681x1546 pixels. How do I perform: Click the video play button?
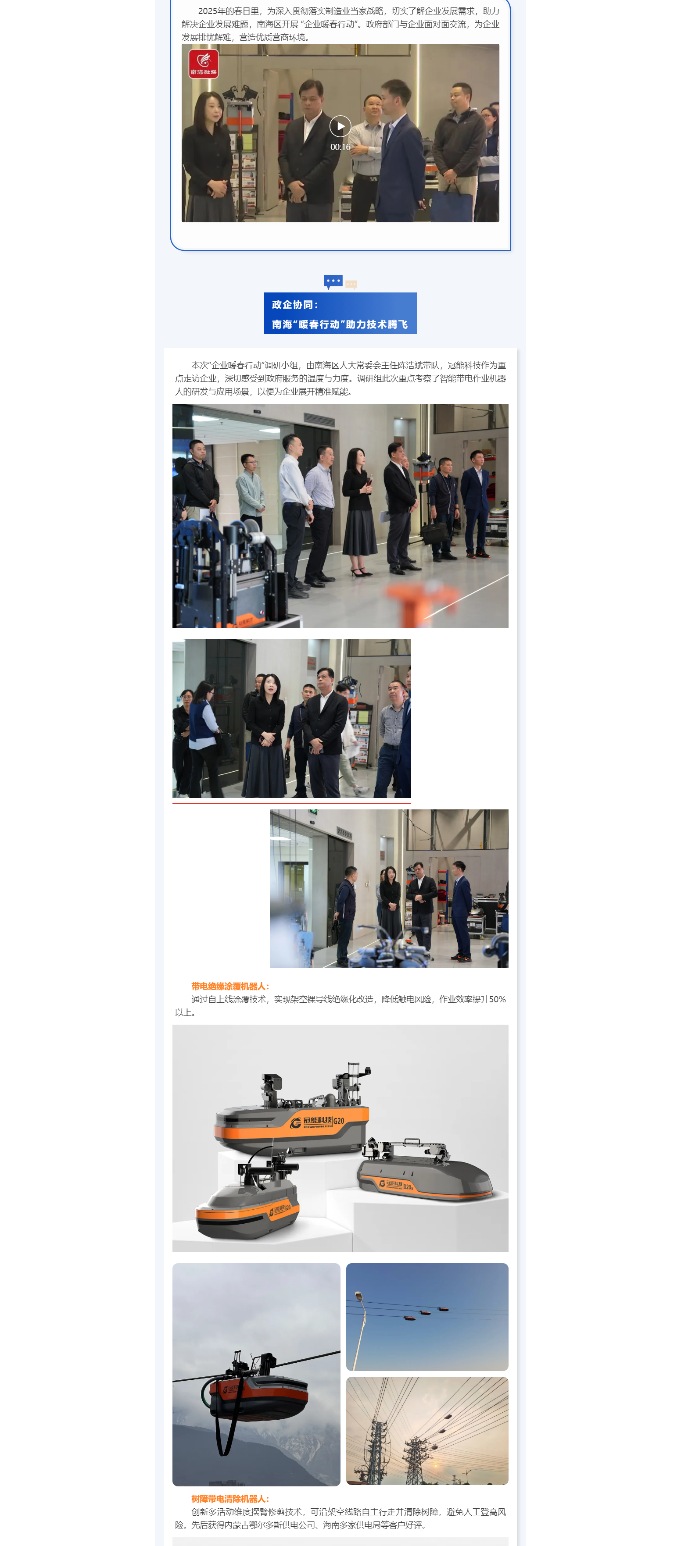[340, 126]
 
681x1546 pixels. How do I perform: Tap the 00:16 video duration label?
[340, 147]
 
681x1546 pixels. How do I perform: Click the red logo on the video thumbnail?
[204, 64]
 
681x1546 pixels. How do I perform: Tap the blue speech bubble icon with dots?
[333, 281]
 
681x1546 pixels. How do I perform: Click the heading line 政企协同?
[295, 305]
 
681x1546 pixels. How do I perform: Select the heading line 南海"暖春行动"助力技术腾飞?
[340, 324]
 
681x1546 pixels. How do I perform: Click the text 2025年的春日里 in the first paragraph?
[229, 11]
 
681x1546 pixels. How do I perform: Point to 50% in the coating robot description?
[497, 999]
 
